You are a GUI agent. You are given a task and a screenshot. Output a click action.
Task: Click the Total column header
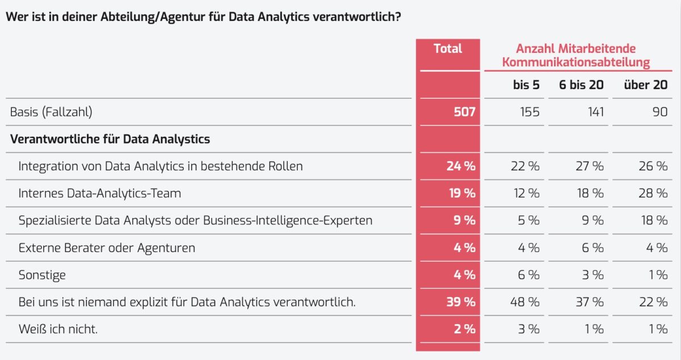tap(448, 49)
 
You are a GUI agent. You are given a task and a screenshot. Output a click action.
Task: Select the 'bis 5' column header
tap(526, 85)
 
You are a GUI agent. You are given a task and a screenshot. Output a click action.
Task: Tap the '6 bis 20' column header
tap(581, 85)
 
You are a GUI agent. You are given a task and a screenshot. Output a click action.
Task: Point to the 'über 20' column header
tap(646, 85)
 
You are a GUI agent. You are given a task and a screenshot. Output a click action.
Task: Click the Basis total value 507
tap(464, 112)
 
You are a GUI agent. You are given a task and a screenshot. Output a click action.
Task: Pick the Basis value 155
tap(529, 112)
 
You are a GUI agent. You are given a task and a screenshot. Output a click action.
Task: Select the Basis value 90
tap(659, 112)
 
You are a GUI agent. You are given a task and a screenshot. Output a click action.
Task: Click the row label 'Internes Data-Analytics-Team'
tap(99, 194)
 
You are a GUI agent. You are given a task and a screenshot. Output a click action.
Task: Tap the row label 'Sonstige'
tap(42, 275)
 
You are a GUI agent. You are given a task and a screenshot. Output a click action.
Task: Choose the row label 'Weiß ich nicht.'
tap(58, 329)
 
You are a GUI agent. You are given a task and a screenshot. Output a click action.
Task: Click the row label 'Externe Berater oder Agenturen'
tap(107, 248)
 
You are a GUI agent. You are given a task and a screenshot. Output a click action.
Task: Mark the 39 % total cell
tap(460, 302)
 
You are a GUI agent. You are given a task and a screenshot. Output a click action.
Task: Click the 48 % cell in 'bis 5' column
tap(527, 302)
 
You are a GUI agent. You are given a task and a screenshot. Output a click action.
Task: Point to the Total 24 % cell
tap(460, 166)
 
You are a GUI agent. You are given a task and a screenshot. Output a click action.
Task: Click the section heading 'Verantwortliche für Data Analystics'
tap(110, 139)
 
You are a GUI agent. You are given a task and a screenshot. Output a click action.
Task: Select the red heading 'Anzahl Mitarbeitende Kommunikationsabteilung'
tap(575, 56)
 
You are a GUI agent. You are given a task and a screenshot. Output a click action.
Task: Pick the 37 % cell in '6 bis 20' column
tap(590, 302)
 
